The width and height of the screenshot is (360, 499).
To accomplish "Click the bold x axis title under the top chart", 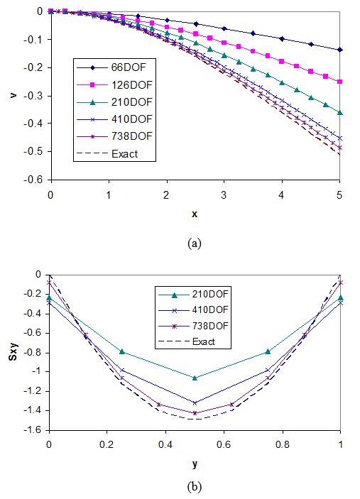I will (x=194, y=214).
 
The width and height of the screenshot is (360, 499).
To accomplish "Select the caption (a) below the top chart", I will (x=194, y=243).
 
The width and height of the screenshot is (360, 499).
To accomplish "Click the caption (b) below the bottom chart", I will (x=194, y=487).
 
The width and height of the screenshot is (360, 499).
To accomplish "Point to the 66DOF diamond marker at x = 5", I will (x=340, y=50).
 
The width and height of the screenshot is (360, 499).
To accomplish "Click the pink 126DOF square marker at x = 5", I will (x=340, y=82).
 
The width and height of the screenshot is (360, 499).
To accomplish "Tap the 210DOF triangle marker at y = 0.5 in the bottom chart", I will (x=195, y=378).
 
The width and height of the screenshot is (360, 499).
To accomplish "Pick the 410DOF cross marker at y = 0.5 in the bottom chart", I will (x=195, y=403).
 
